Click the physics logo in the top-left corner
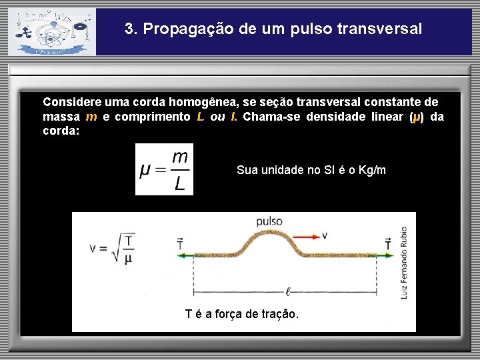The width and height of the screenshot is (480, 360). pos(51,31)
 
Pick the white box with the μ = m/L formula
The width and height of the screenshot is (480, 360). pos(164,169)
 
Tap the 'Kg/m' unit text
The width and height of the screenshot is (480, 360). pos(372,170)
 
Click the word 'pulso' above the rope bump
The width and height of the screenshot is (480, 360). pos(269,221)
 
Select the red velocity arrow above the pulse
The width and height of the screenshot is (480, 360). pos(303,235)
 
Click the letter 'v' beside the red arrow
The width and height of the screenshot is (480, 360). pos(325,235)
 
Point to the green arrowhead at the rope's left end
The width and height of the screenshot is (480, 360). pos(181,254)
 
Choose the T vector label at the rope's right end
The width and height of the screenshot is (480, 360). pos(389,243)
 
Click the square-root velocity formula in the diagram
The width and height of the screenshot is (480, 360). pos(112,248)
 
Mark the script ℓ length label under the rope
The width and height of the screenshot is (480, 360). pos(287,291)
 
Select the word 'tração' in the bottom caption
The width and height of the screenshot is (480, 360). pos(279,314)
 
